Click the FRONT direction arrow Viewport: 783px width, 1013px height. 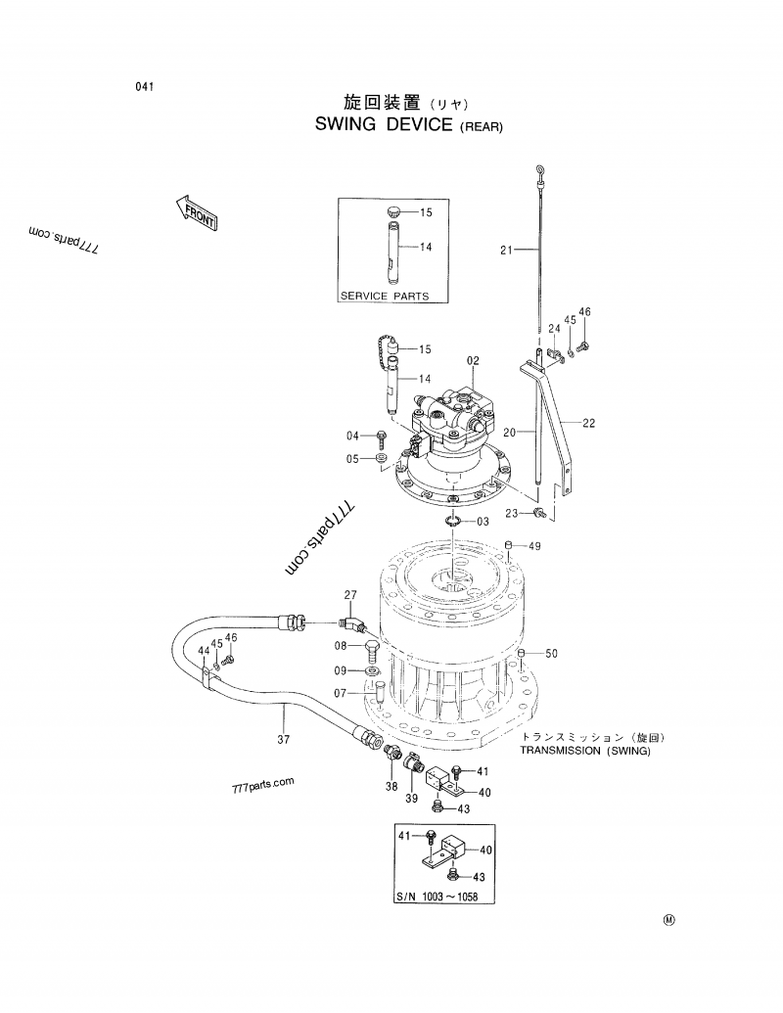(196, 211)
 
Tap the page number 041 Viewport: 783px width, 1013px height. (146, 87)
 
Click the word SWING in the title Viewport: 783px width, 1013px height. (349, 125)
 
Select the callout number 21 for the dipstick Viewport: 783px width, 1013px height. (506, 251)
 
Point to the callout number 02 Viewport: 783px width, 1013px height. (473, 361)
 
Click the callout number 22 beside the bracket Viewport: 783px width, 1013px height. (588, 424)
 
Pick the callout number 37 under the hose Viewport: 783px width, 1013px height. (283, 740)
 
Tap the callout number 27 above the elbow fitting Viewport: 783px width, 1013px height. (350, 596)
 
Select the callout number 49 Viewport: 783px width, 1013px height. (534, 546)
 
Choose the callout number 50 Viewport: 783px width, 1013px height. (550, 654)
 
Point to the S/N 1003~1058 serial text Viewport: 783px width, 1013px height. (437, 898)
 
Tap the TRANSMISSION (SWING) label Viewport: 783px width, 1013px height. (584, 752)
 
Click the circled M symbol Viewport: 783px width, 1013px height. (669, 920)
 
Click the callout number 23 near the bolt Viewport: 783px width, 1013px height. (511, 513)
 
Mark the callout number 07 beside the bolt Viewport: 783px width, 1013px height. (341, 694)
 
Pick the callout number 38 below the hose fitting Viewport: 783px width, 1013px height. (391, 787)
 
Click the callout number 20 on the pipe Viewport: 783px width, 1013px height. (509, 431)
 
